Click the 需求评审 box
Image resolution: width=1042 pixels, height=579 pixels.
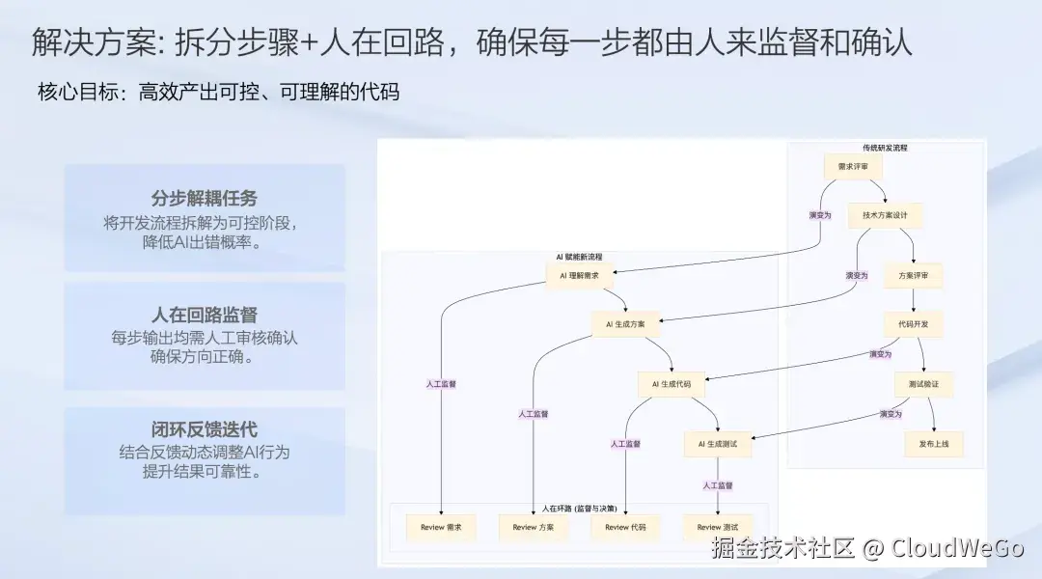tap(853, 167)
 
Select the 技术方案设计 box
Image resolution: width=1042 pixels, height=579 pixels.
tap(885, 215)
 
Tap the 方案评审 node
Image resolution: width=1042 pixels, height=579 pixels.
tap(912, 275)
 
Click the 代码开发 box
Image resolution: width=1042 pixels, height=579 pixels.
tap(912, 324)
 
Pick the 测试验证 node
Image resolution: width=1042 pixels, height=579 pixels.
tap(923, 384)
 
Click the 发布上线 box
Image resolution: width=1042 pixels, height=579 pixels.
tap(933, 444)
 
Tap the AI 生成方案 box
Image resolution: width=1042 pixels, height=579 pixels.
tap(625, 324)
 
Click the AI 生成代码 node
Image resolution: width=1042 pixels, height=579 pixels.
tap(672, 384)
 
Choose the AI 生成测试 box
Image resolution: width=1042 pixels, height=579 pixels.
tap(718, 444)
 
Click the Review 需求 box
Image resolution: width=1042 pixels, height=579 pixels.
tap(441, 527)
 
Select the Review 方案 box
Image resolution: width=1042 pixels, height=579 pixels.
tap(533, 527)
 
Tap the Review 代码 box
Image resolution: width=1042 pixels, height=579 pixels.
tap(625, 527)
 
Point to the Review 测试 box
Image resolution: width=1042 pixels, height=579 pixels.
tap(718, 527)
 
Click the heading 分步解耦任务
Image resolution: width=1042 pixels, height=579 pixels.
tap(205, 199)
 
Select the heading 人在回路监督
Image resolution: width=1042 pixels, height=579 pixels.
tap(205, 316)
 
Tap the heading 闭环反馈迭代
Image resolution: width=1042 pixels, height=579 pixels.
tap(205, 429)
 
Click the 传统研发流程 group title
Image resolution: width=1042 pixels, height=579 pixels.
tap(885, 148)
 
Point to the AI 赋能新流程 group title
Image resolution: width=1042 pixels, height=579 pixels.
tap(579, 257)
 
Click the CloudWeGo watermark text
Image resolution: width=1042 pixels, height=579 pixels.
tap(956, 549)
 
